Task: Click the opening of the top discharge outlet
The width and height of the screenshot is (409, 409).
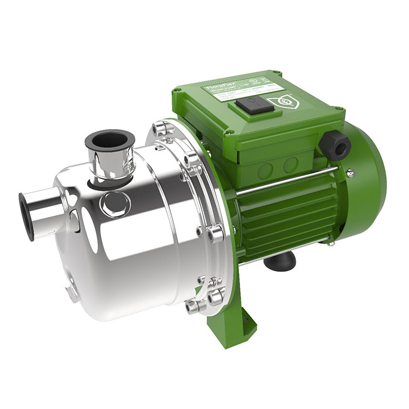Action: click(x=110, y=141)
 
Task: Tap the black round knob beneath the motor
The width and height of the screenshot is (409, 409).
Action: click(x=280, y=261)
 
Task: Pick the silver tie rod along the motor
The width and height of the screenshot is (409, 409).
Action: click(x=286, y=182)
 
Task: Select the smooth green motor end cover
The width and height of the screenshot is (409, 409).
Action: click(x=365, y=175)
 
